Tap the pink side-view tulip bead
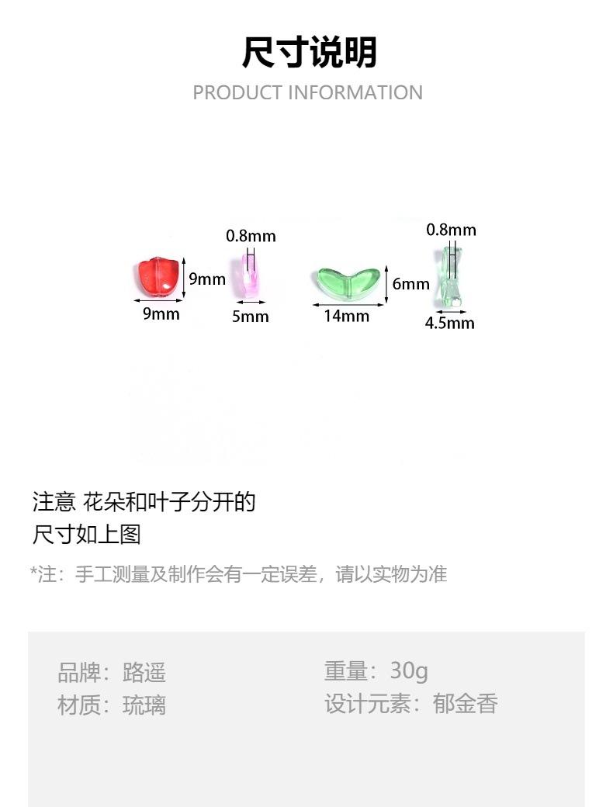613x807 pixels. [x=250, y=275]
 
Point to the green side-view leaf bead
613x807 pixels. [x=448, y=276]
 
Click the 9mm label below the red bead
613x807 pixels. [x=161, y=313]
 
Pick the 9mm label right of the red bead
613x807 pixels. [x=207, y=279]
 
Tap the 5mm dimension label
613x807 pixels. [x=250, y=316]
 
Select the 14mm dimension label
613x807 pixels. [x=346, y=316]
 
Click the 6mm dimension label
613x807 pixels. [x=410, y=284]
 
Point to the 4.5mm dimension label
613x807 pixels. [x=449, y=323]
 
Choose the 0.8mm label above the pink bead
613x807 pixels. [x=251, y=236]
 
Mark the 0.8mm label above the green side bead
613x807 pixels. [x=451, y=230]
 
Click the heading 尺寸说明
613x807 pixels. [x=309, y=53]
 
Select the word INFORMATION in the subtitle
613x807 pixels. [x=355, y=92]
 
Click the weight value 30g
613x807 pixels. [x=409, y=670]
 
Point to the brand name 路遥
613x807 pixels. [x=144, y=672]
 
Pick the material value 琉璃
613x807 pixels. [x=144, y=705]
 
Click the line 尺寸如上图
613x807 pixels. [x=86, y=535]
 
